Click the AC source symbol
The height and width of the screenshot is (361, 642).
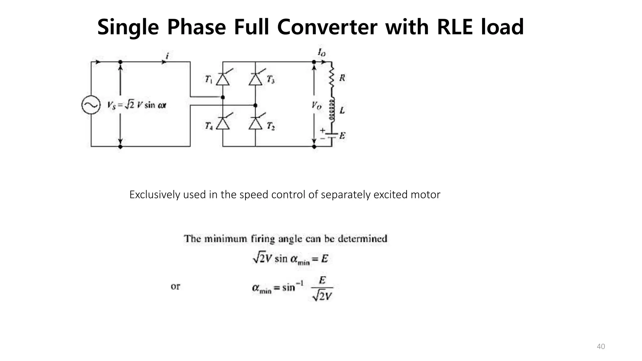click(x=91, y=105)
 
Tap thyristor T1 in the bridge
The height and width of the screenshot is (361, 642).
click(x=223, y=79)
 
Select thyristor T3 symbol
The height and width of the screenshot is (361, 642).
click(x=255, y=79)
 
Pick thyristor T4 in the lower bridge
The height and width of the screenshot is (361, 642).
click(x=223, y=123)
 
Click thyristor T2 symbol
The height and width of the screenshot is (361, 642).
click(x=255, y=123)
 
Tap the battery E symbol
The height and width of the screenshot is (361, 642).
click(x=332, y=135)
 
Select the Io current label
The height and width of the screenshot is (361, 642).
click(x=322, y=52)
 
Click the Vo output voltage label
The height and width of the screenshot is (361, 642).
click(x=317, y=106)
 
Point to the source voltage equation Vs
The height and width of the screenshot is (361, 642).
click(x=137, y=105)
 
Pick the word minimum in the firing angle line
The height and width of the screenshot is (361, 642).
click(x=226, y=239)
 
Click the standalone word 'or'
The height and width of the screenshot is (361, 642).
click(x=176, y=286)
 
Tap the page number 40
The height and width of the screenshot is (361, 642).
click(x=601, y=346)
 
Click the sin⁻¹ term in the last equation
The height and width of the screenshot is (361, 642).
click(x=292, y=286)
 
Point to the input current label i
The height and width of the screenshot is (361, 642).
click(x=167, y=56)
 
